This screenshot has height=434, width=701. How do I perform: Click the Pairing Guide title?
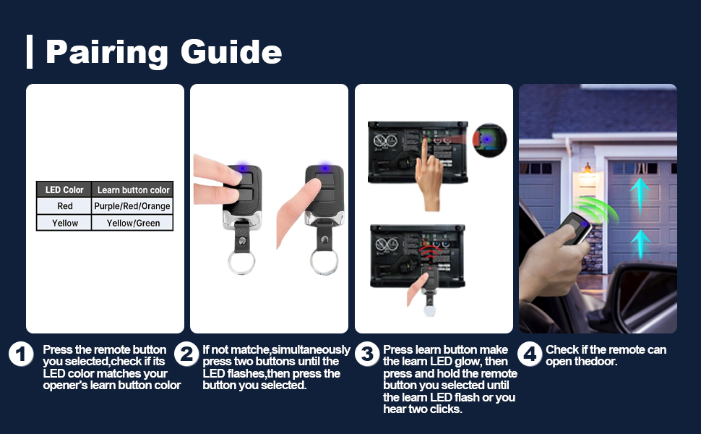click(x=163, y=52)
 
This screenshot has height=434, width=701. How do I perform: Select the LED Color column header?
click(x=64, y=190)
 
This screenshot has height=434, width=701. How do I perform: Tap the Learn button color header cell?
click(x=133, y=190)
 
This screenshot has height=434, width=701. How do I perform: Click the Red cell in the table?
click(x=64, y=206)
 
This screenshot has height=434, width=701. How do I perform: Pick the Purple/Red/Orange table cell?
click(x=133, y=206)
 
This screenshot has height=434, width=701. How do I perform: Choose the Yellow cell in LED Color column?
click(x=64, y=224)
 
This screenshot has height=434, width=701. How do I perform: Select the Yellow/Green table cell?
click(x=133, y=224)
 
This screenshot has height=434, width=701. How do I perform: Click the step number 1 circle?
click(x=22, y=354)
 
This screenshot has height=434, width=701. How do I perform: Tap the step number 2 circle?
click(x=187, y=354)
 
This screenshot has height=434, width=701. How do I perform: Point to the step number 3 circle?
click(x=368, y=354)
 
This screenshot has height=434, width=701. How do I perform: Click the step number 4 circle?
click(x=530, y=354)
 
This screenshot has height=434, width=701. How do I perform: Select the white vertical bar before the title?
click(x=30, y=51)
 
